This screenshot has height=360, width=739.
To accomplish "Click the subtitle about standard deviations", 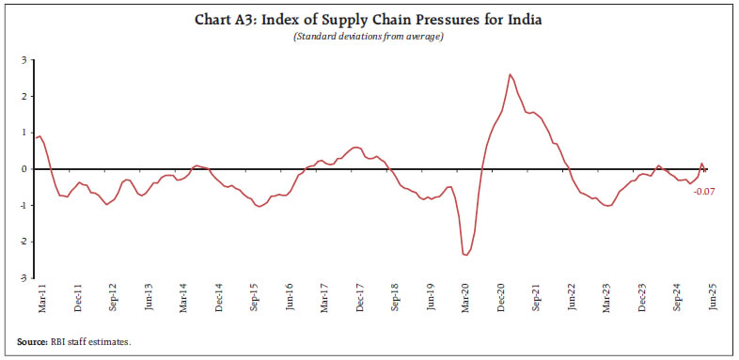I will [369, 37].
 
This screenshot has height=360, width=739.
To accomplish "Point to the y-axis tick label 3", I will [24, 60].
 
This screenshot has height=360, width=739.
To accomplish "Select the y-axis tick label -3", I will [22, 278].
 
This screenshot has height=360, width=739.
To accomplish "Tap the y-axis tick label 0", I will [24, 169].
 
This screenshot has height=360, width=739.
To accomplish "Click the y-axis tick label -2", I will [22, 242].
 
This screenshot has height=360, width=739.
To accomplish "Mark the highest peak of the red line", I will [510, 74].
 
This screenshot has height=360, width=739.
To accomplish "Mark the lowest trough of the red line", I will [465, 255].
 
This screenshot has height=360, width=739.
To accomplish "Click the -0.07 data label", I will [703, 192].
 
